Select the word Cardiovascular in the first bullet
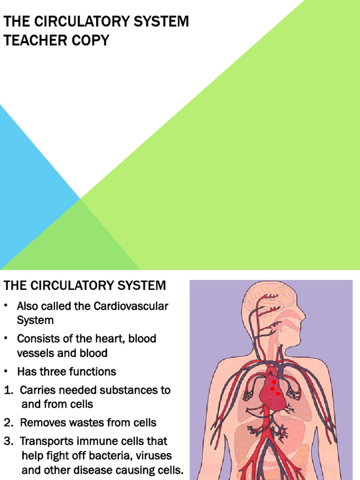coord(131,307)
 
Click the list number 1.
coord(8,390)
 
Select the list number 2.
coord(8,423)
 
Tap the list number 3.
coord(8,442)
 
